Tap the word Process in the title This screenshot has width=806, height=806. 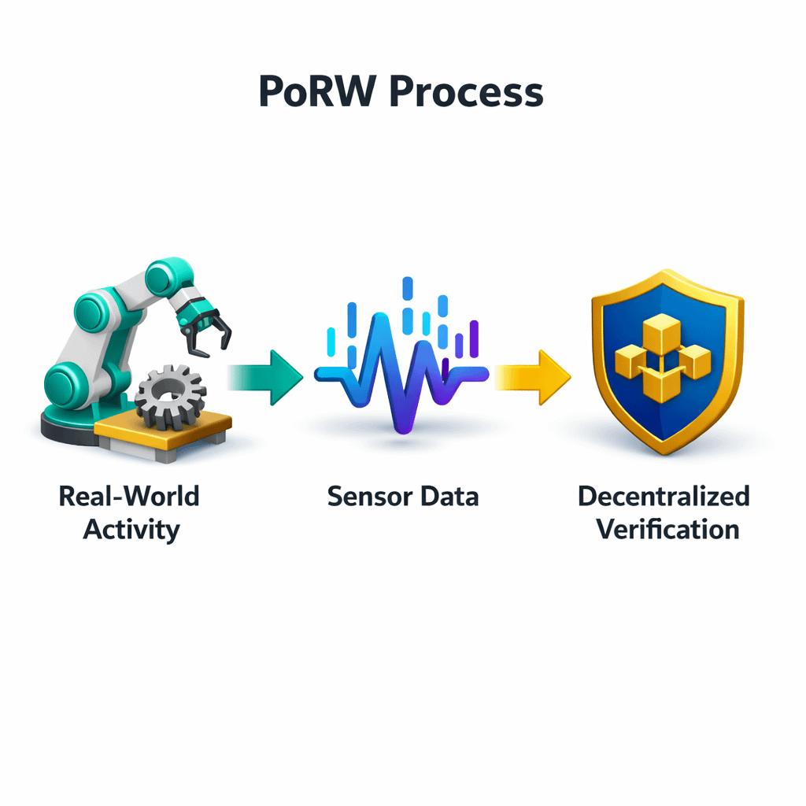coord(467,93)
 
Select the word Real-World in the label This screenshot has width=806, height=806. coord(129,497)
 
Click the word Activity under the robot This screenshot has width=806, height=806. coord(131,529)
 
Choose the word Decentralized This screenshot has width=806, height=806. coord(663,497)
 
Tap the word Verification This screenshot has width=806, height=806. coord(667,529)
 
